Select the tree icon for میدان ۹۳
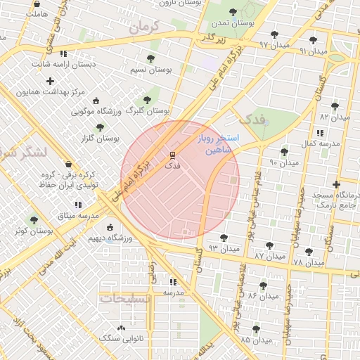pos(224,238)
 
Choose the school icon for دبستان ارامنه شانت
pos(64,53)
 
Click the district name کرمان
pos(145,27)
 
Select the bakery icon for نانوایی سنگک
pos(121,328)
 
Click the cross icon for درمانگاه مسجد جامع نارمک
pos(336,184)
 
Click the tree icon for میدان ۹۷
pos(274,34)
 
